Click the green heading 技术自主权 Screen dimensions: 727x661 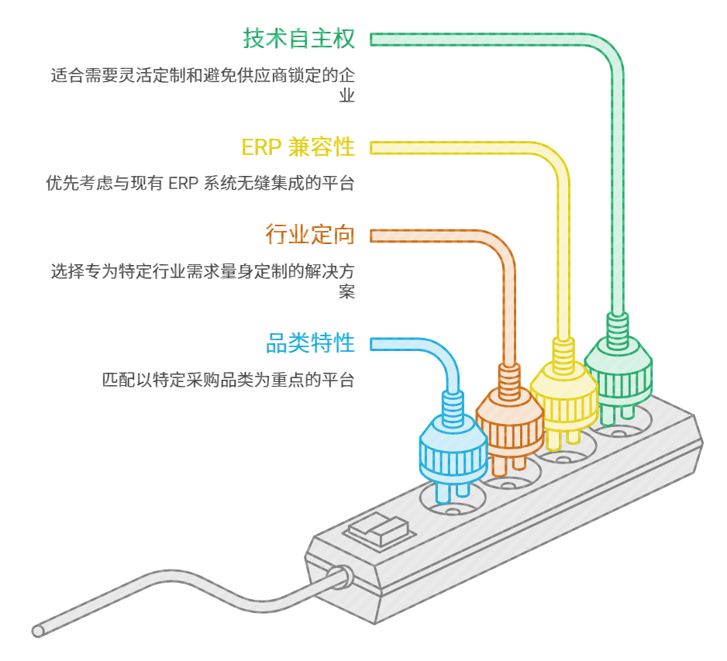pyautogui.click(x=299, y=39)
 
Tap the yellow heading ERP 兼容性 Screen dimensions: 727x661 pyautogui.click(x=298, y=147)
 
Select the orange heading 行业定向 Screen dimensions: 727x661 pyautogui.click(x=310, y=234)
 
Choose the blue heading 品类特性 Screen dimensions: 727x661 pyautogui.click(x=310, y=343)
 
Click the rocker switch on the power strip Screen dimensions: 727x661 pyautogui.click(x=380, y=530)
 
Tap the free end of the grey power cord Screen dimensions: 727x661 pyautogui.click(x=38, y=631)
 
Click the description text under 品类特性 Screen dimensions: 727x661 pyautogui.click(x=229, y=380)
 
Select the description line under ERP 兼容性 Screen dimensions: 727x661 pyautogui.click(x=200, y=183)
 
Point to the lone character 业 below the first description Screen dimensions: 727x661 pyautogui.click(x=346, y=95)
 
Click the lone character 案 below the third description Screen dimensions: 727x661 pyautogui.click(x=346, y=292)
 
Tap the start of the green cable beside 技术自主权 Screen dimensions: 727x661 pyautogui.click(x=372, y=40)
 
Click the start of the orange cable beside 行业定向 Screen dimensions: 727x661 pyautogui.click(x=372, y=236)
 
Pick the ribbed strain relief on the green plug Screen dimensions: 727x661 pyautogui.click(x=618, y=330)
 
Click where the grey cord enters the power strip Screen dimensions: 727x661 pyautogui.click(x=344, y=577)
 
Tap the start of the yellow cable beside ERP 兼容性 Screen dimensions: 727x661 pyautogui.click(x=372, y=148)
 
